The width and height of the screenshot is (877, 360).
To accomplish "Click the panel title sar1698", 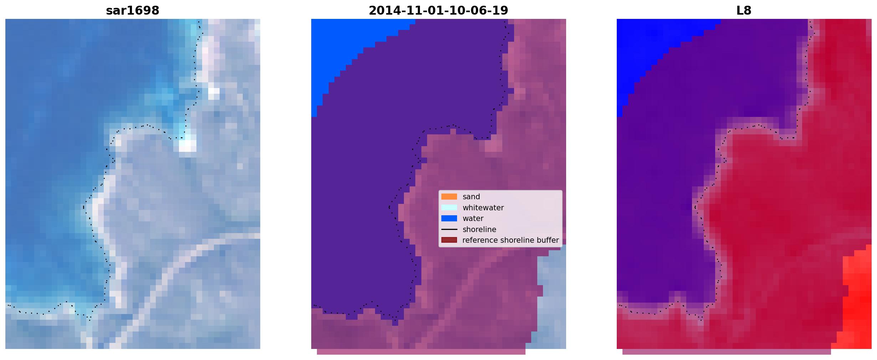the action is (133, 10).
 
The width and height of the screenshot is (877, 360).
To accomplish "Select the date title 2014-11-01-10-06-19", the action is (438, 10).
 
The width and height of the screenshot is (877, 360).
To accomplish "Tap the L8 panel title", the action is (744, 10).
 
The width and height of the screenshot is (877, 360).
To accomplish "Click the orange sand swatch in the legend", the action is (449, 197).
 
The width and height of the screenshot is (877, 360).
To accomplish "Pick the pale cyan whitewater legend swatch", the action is (449, 207).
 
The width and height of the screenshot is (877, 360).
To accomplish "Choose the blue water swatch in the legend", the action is (449, 218).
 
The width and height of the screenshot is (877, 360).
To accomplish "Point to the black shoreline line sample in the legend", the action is (449, 230).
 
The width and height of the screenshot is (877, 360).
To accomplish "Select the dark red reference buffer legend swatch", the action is (449, 240).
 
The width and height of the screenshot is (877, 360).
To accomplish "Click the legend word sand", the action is (471, 197).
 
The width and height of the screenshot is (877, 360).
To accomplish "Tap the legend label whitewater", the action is (483, 207).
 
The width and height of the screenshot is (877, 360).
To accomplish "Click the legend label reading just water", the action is (473, 218).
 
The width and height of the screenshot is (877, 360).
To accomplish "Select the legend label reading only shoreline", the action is (479, 230).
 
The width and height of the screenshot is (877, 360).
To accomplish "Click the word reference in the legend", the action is (479, 240).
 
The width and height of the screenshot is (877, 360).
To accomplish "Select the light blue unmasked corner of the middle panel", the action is (551, 299).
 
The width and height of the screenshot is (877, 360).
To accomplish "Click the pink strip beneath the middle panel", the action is (421, 352).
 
